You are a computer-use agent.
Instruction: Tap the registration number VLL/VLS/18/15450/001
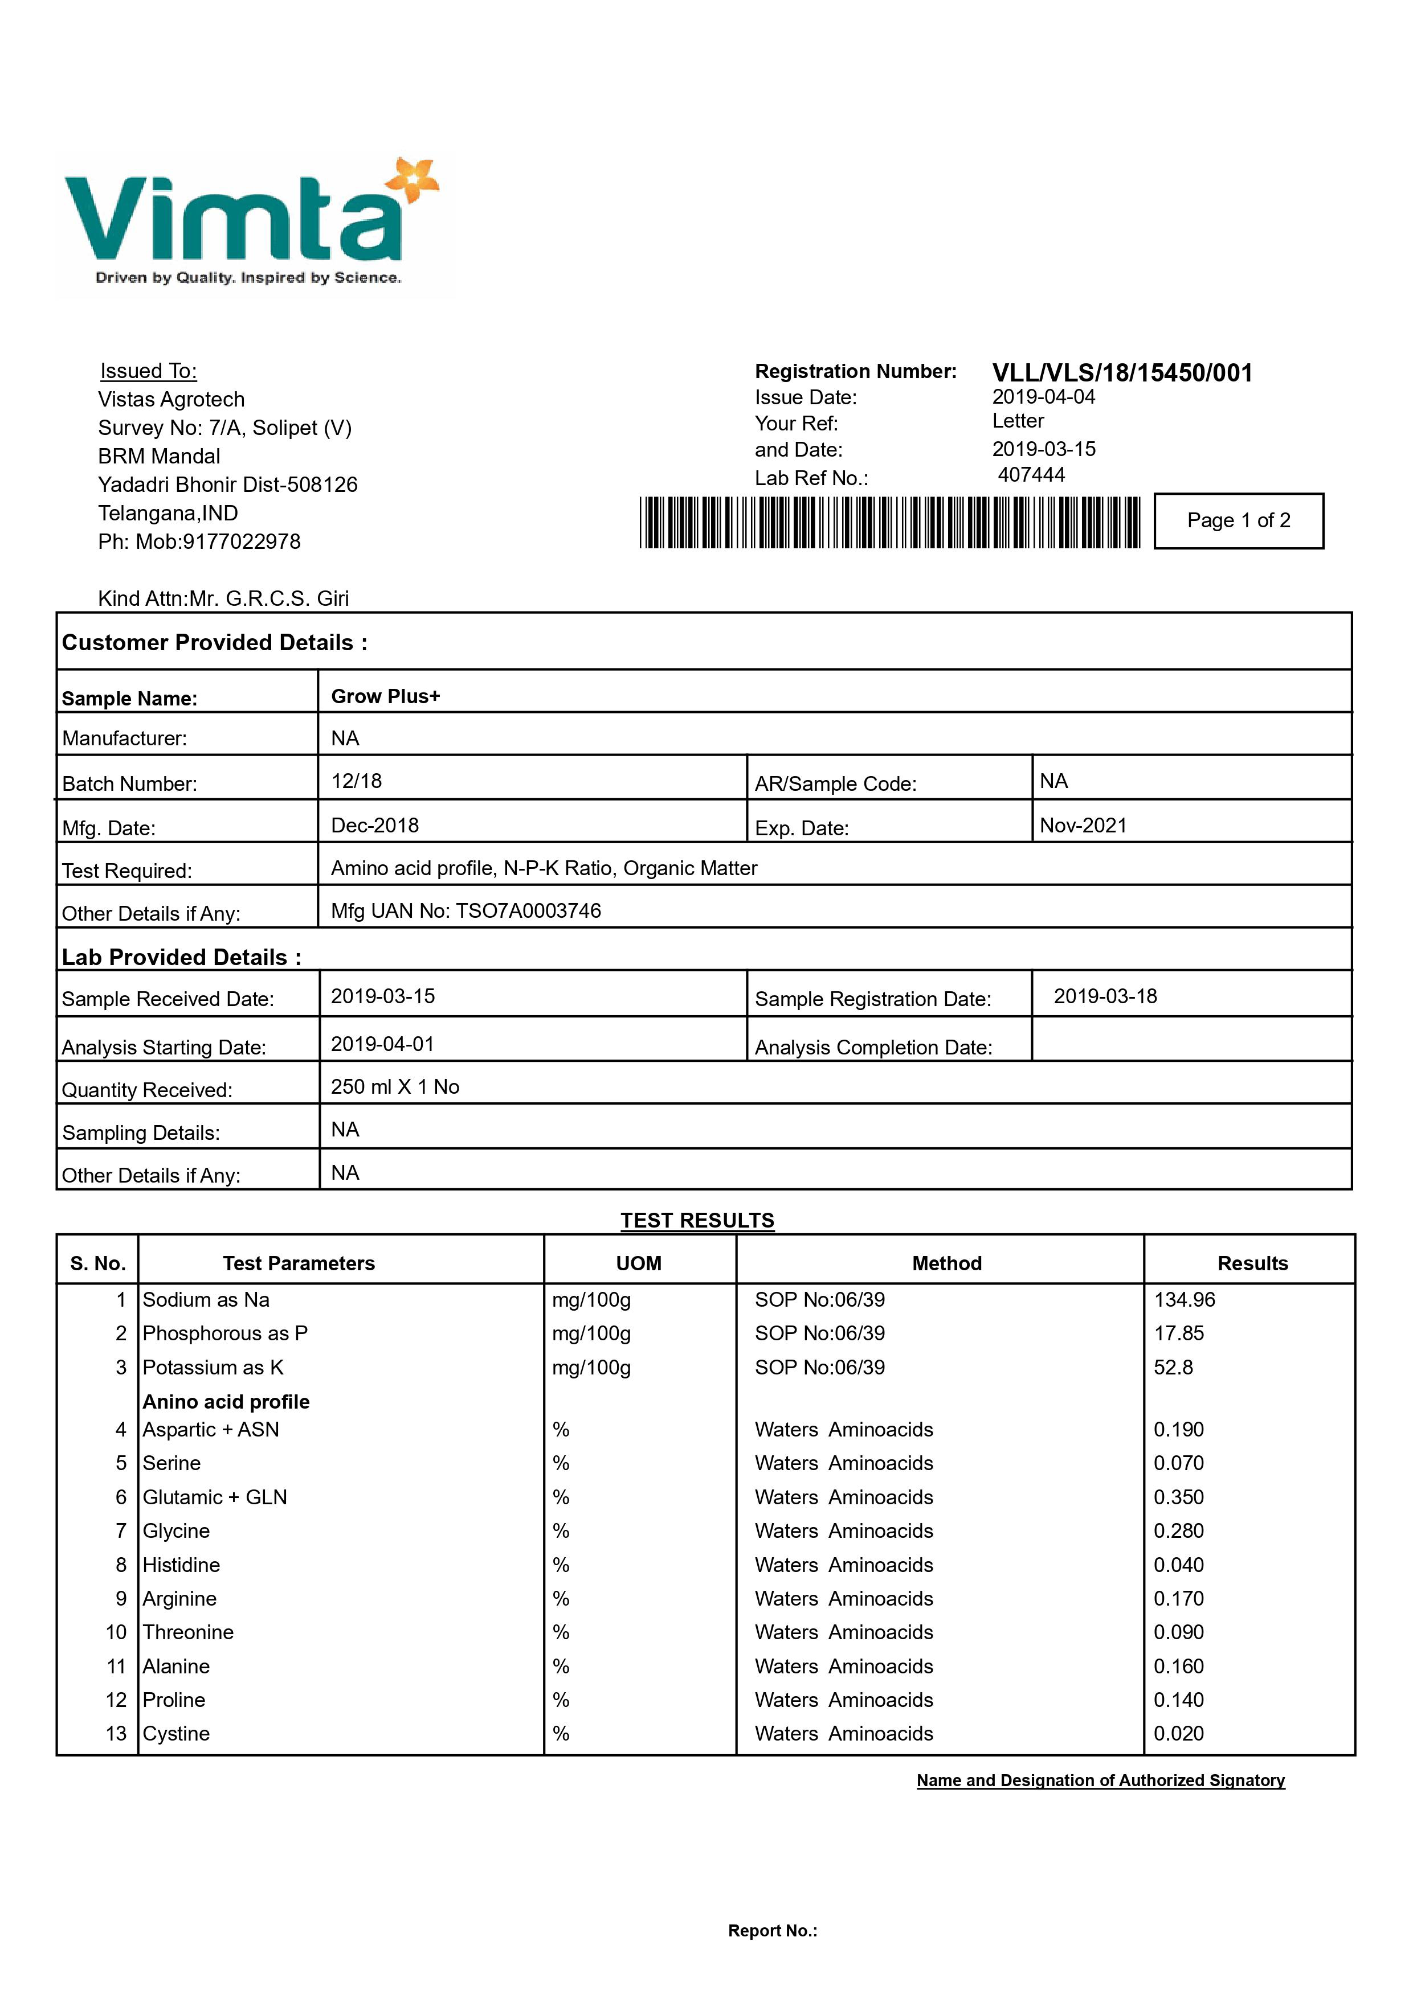tap(1122, 373)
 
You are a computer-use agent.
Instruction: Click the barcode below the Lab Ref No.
tap(889, 523)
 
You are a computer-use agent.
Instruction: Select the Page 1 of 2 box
tap(1238, 521)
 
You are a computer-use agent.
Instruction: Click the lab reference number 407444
tap(1031, 475)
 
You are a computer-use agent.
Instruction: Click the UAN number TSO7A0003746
tap(528, 911)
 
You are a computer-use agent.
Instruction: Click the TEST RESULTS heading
tap(697, 1220)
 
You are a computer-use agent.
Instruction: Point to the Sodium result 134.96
tap(1184, 1300)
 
